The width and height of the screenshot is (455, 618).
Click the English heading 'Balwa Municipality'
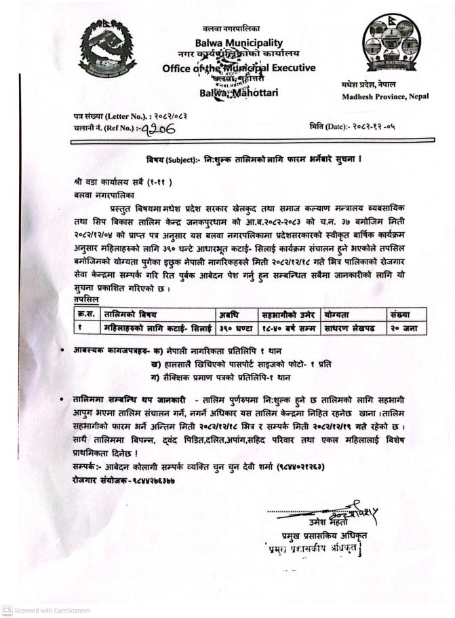tap(239, 42)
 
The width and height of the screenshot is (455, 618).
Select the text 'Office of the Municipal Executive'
tap(239, 68)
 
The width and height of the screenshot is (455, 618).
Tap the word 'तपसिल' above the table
tap(87, 299)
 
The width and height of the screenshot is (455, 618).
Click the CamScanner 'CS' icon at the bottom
tap(7, 610)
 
